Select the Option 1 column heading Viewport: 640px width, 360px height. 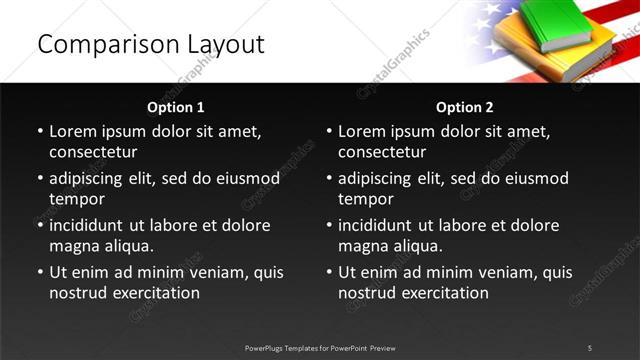tap(176, 106)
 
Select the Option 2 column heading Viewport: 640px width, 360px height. tap(465, 106)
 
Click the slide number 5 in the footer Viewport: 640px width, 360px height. tap(590, 347)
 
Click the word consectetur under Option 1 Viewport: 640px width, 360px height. tap(93, 153)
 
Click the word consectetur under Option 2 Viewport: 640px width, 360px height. tap(382, 153)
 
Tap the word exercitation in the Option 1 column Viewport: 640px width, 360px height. tap(155, 293)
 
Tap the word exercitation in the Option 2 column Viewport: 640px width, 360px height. tap(444, 293)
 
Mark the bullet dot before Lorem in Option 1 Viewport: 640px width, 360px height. tap(40, 132)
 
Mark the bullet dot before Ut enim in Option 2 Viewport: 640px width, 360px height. tap(329, 272)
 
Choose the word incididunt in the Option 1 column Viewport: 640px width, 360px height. tap(91, 225)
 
